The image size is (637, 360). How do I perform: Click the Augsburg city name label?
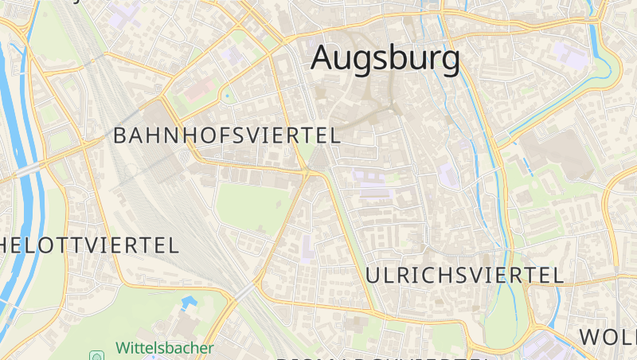385,58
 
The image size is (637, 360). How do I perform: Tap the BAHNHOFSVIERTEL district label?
227,135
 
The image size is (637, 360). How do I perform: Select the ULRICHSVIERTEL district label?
465,276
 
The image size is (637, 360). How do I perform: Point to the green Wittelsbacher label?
165,348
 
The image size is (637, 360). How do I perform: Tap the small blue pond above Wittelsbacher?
188,304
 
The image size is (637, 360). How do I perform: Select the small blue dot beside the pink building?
227,97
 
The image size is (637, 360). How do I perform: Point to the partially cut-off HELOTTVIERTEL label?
89,245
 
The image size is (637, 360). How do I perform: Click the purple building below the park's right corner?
307,249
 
